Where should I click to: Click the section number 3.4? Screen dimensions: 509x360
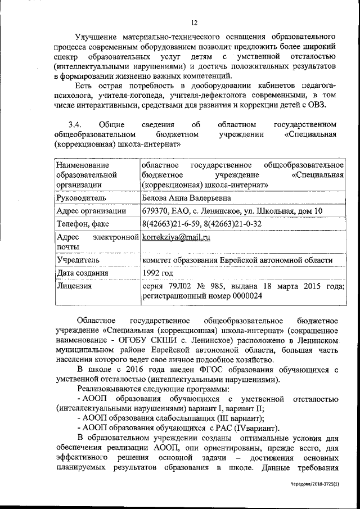point(75,124)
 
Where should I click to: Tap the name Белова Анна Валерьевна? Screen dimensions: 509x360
point(186,198)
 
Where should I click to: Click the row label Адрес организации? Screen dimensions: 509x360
point(91,211)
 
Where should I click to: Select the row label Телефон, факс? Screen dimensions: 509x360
point(84,224)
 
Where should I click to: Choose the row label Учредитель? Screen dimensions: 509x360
point(78,260)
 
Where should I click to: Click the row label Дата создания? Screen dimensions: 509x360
point(82,273)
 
